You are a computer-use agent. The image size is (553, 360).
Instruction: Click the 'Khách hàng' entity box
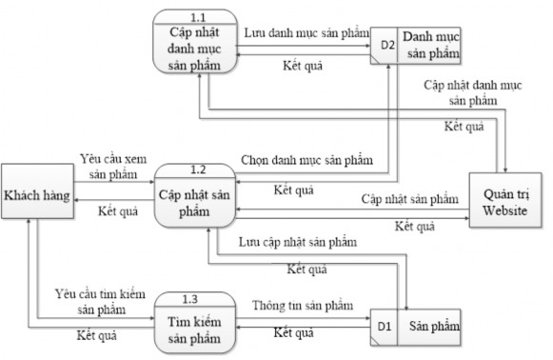click(38, 194)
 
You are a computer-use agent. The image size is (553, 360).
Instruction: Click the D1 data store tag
click(383, 327)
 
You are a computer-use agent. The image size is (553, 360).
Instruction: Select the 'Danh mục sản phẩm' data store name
click(429, 44)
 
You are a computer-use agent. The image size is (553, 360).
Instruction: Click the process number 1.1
click(199, 17)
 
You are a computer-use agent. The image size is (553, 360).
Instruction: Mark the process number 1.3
click(194, 299)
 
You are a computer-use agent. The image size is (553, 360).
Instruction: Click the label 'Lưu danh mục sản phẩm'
click(305, 32)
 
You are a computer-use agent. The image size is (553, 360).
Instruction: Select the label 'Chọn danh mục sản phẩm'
click(305, 158)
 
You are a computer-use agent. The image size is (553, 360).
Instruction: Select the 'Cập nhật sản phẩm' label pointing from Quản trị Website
click(409, 199)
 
